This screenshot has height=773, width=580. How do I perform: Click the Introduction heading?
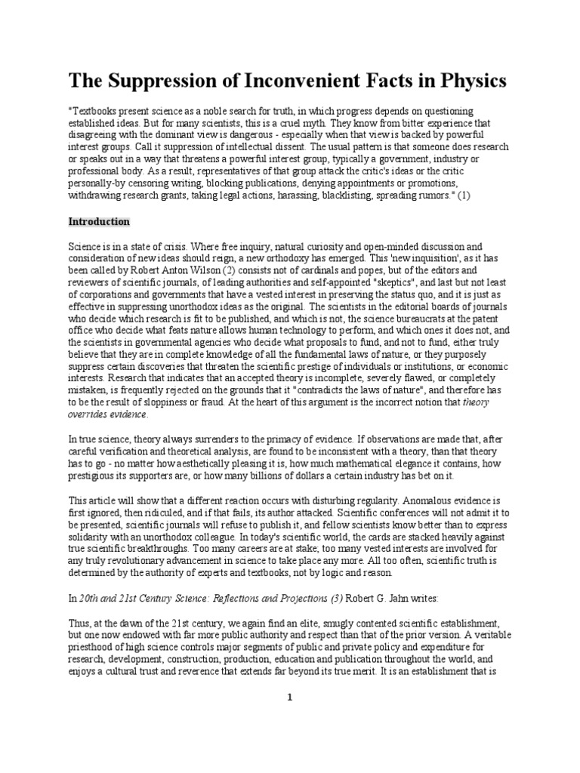click(100, 222)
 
